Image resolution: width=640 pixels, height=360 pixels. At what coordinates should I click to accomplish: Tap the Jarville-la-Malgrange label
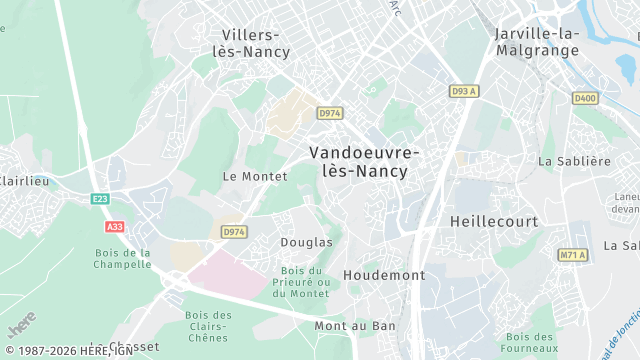537,41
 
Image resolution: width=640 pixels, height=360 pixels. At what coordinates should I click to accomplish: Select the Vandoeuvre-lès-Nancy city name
364,161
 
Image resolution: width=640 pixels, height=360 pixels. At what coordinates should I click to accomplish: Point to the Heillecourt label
494,220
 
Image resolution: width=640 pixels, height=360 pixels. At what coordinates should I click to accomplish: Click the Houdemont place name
384,274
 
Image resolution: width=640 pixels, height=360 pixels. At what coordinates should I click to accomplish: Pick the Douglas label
306,242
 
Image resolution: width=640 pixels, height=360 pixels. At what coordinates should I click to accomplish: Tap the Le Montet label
248,176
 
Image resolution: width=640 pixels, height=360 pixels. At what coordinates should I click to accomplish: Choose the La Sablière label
574,160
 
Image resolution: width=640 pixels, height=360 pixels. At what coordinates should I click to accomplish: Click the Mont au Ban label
355,326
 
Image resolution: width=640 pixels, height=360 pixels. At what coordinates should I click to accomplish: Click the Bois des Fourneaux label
530,343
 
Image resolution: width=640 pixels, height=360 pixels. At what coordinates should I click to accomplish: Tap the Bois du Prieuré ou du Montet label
301,282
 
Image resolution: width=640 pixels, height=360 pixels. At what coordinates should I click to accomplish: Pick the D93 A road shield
464,91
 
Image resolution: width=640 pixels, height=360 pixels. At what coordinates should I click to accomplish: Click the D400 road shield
584,98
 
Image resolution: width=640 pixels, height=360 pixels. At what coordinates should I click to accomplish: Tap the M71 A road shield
573,255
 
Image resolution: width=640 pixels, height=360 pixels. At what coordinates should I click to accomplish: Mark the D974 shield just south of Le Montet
234,232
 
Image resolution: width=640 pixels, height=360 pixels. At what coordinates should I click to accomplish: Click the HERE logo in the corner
20,325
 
